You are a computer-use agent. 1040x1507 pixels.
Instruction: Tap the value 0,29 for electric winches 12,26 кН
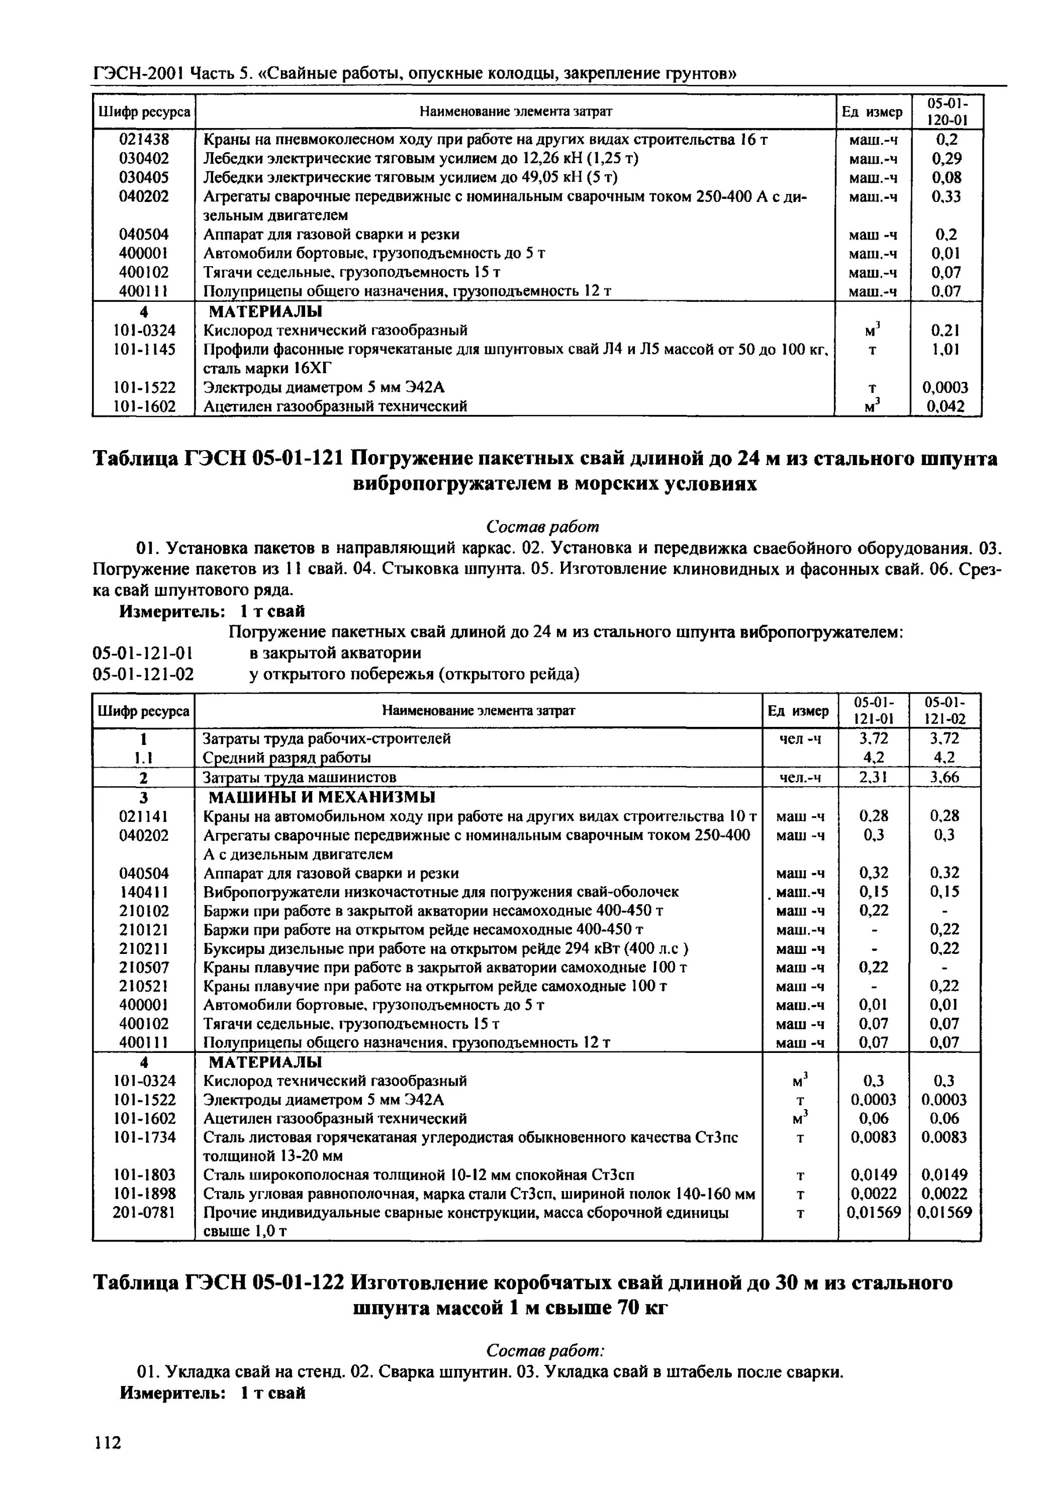pyautogui.click(x=946, y=158)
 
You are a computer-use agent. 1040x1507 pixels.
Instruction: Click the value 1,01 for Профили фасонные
pyautogui.click(x=946, y=350)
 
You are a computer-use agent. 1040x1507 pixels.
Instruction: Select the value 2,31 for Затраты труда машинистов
pyautogui.click(x=874, y=777)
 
